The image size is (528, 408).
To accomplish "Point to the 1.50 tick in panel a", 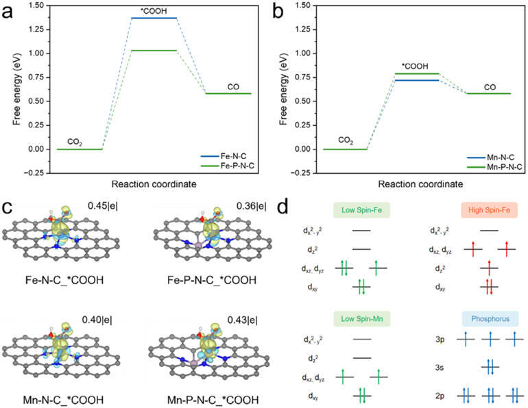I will click(39, 5).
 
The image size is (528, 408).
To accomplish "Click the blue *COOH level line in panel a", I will click(139, 18).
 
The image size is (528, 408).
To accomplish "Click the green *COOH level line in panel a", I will click(139, 51).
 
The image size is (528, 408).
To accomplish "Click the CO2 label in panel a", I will click(75, 142).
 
